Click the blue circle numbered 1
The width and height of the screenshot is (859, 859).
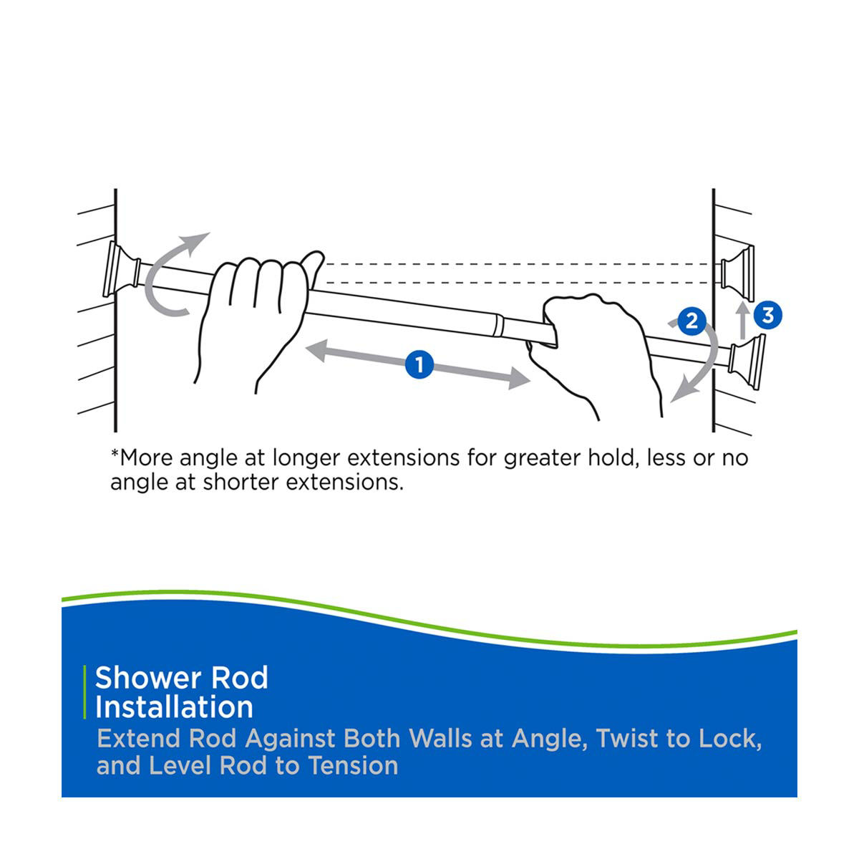coord(419,365)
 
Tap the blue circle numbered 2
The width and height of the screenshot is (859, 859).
coord(691,321)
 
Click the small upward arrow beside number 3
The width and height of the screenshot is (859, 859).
coord(743,319)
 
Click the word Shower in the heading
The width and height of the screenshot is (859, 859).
coord(148,677)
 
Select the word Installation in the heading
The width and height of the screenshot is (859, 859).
coord(174,707)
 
